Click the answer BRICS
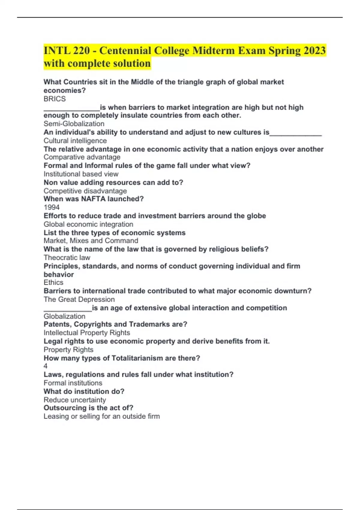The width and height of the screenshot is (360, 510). tap(55, 99)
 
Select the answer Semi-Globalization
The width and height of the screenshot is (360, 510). tap(74, 124)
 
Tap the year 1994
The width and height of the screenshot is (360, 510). tap(52, 207)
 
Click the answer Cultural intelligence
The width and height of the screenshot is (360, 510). tap(75, 141)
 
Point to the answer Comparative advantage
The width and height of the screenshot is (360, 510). tap(82, 157)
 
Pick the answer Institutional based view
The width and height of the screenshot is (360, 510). tap(81, 174)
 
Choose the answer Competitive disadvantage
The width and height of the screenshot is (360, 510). tap(85, 191)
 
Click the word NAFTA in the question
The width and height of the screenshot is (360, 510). tap(94, 199)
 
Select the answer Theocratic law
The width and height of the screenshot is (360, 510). tap(67, 257)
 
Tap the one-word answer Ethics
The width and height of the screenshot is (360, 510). tap(53, 282)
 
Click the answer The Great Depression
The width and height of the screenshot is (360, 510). tap(79, 299)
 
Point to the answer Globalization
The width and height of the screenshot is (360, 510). tap(64, 316)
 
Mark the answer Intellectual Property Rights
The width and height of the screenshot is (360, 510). tap(87, 333)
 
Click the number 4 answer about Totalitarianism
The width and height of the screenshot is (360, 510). tap(46, 366)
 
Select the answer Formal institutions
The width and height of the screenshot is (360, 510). tap(73, 383)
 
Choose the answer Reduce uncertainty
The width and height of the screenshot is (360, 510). tap(75, 400)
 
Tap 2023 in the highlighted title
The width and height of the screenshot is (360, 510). tap(314, 50)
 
